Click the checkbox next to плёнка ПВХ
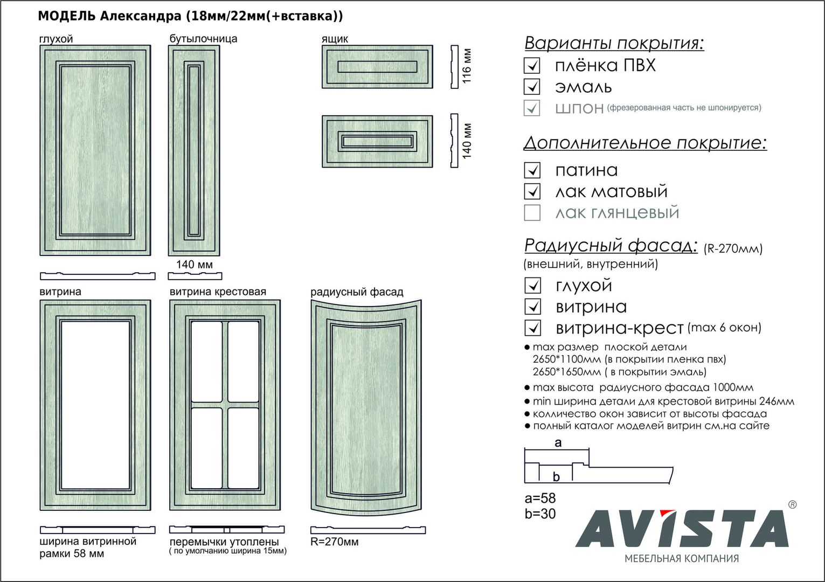coord(532,66)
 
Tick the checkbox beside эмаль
coord(532,87)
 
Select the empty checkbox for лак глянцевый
coord(532,213)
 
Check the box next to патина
coord(532,170)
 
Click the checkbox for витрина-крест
coord(532,328)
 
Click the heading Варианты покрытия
coord(614,43)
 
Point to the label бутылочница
coord(203,39)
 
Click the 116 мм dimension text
coord(467,66)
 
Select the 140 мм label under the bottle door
coord(194,265)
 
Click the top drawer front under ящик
coord(377,66)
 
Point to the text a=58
coord(540,498)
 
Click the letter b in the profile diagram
coord(556,476)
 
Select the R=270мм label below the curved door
coord(334,542)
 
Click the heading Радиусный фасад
coord(610,246)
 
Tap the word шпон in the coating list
coord(579,108)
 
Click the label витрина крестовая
coord(218,292)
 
